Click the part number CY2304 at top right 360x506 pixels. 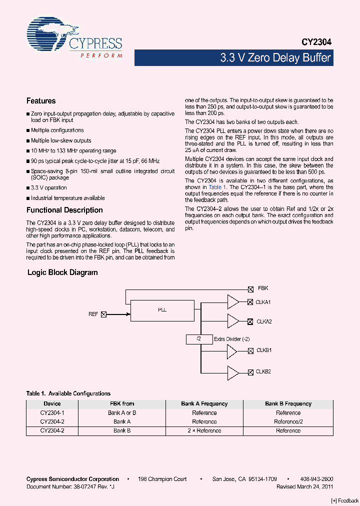[x=316, y=43]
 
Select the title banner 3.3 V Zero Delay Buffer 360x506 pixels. [x=275, y=58]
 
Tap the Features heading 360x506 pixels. [x=41, y=101]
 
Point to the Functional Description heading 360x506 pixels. [x=64, y=210]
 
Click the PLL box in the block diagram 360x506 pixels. [x=162, y=310]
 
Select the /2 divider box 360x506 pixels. [x=198, y=339]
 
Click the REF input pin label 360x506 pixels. [x=93, y=314]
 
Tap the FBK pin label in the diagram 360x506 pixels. [x=263, y=288]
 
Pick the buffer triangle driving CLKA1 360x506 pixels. [x=232, y=302]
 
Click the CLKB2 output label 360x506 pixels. [x=263, y=372]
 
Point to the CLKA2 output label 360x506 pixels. [x=264, y=321]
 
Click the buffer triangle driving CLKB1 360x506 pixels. [x=232, y=351]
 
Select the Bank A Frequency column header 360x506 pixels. [x=204, y=403]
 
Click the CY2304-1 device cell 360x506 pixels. [x=52, y=413]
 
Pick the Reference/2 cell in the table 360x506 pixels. [x=288, y=421]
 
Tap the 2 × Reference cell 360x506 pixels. [x=204, y=430]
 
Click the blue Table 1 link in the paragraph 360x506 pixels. [x=217, y=187]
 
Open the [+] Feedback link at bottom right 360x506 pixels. [x=345, y=501]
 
